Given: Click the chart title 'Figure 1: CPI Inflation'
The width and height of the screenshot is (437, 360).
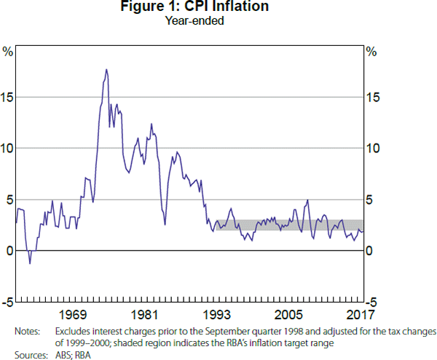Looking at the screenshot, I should [218, 7].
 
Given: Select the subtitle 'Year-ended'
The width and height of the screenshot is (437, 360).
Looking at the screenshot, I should [218, 20].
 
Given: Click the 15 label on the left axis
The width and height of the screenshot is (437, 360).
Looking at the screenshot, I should [7, 97].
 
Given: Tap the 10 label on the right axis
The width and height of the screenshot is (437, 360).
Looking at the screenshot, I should [372, 149].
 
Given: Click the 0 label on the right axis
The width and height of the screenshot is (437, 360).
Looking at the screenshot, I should [369, 251].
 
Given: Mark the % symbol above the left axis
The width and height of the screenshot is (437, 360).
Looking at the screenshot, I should [8, 52].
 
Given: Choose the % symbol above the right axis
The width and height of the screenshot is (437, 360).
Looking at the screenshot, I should [371, 52].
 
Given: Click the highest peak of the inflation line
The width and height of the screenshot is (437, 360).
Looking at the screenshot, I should [106, 70].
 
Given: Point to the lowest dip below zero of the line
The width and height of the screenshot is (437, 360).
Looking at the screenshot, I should [30, 262].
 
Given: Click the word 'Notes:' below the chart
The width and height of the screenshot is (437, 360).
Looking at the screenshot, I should [27, 331].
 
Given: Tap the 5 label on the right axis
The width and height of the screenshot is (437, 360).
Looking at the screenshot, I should [369, 200].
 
